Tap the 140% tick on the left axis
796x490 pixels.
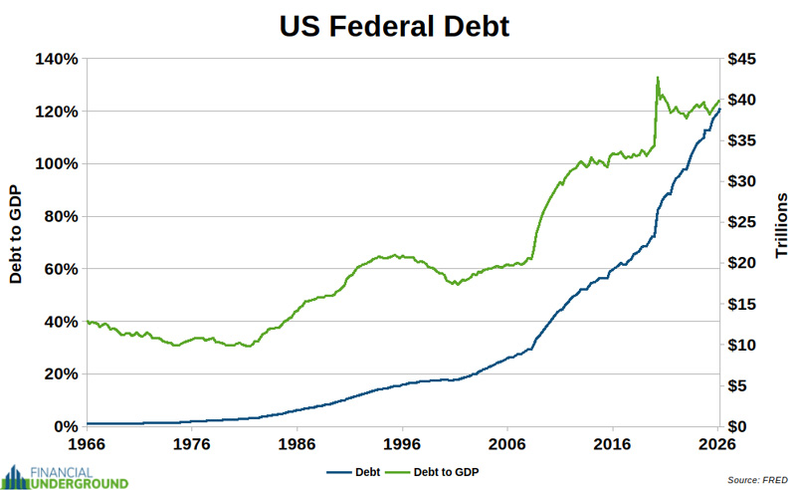pos(58,59)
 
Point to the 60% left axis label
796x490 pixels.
pos(61,269)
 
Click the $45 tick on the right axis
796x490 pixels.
pos(744,59)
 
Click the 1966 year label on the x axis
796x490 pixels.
pos(87,444)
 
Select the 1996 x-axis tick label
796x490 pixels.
pos(402,444)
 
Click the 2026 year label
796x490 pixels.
pos(718,444)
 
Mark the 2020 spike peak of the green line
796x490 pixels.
pos(657,78)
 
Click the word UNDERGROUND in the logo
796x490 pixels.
pos(80,483)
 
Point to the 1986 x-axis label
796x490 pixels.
pos(298,444)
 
